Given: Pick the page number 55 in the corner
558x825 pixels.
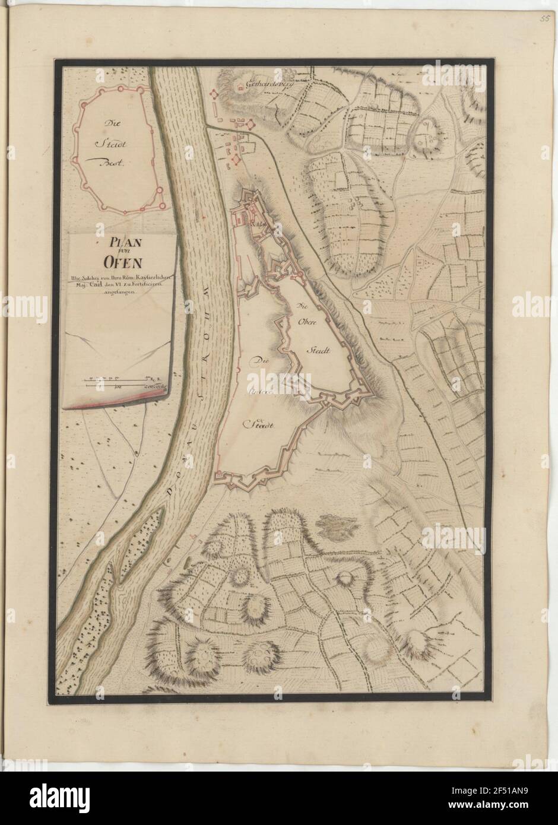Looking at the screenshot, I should coord(544,18).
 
